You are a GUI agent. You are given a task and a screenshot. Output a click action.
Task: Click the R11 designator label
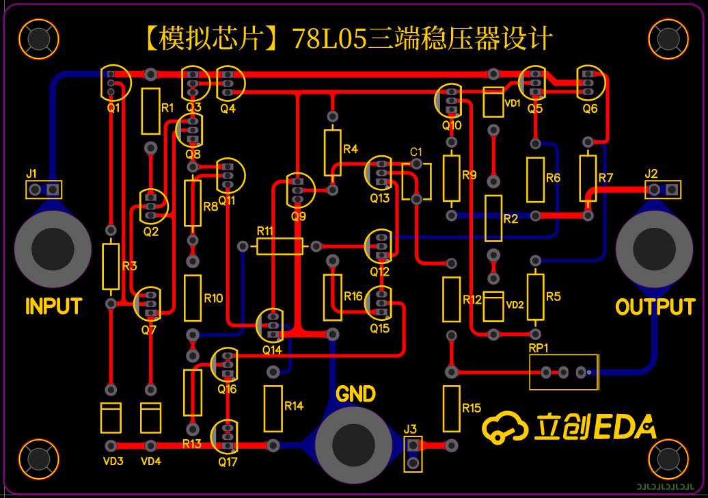265,231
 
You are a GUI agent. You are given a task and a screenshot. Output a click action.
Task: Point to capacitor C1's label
416,151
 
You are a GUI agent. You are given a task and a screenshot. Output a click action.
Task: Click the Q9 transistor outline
298,189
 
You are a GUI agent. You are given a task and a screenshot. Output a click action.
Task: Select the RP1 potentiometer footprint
564,372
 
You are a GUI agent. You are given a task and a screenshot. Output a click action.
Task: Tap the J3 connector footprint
412,454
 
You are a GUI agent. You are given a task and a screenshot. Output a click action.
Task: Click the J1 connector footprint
44,189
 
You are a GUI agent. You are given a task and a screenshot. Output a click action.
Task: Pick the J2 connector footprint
663,189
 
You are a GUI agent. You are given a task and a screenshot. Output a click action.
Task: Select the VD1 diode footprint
493,101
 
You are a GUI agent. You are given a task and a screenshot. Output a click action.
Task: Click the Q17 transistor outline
225,435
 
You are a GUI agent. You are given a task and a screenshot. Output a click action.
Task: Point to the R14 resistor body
273,408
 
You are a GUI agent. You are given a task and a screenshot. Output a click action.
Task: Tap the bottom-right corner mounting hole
667,458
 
